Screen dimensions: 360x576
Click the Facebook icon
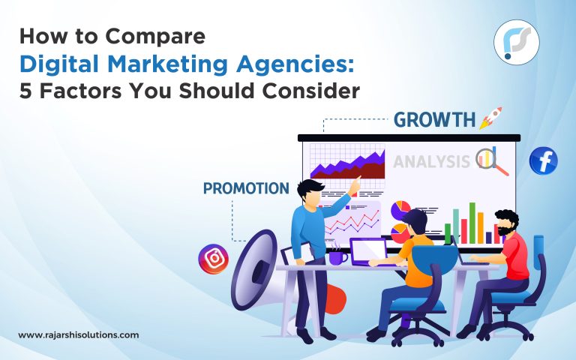pyautogui.click(x=543, y=161)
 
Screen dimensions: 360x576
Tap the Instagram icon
pyautogui.click(x=212, y=259)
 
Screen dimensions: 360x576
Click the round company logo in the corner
pyautogui.click(x=517, y=42)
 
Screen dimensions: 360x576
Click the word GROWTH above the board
pyautogui.click(x=435, y=120)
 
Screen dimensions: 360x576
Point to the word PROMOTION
pyautogui.click(x=246, y=187)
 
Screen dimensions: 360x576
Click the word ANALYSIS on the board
pyautogui.click(x=432, y=160)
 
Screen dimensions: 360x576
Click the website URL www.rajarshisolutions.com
pyautogui.click(x=78, y=335)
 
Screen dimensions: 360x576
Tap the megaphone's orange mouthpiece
pyautogui.click(x=335, y=300)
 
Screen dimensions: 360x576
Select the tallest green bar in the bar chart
pyautogui.click(x=472, y=222)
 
